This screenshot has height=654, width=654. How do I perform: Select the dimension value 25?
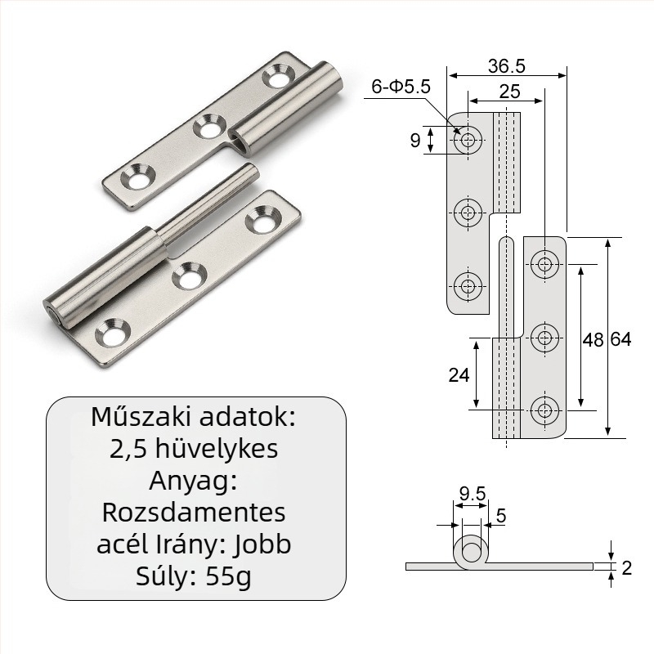[509, 92]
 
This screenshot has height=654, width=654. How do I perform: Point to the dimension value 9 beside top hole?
[415, 141]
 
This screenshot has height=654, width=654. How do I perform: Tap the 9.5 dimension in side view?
[472, 494]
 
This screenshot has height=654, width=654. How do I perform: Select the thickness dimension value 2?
[627, 567]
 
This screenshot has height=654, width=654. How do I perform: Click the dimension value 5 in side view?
[501, 516]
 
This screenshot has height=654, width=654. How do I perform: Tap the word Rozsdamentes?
[194, 513]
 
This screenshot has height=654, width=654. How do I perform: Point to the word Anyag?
[194, 481]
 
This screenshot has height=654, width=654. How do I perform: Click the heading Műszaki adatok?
[194, 417]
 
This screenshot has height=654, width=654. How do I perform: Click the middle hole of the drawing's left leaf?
[468, 213]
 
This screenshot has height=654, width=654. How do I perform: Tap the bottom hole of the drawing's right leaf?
[544, 408]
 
